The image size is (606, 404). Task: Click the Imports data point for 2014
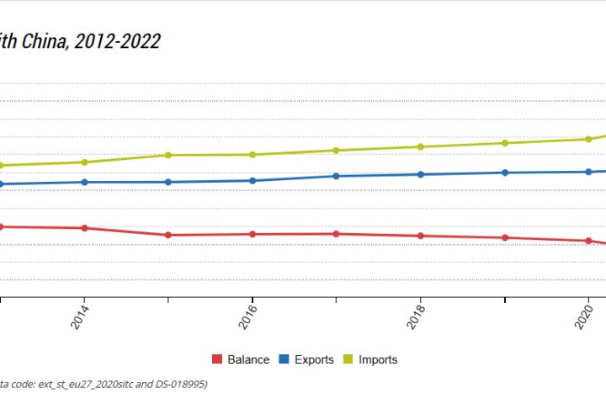click(84, 162)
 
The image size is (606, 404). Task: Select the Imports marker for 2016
click(252, 155)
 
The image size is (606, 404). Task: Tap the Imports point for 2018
click(421, 147)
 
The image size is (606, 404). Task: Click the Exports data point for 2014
click(84, 182)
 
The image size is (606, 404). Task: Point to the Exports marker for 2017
click(337, 176)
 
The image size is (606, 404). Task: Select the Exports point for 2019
click(505, 173)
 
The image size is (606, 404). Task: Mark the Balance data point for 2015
click(168, 235)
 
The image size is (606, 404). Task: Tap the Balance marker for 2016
click(252, 234)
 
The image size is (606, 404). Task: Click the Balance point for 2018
click(421, 236)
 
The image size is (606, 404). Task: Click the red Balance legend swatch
click(217, 359)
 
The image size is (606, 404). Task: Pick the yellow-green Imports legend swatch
click(347, 359)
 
